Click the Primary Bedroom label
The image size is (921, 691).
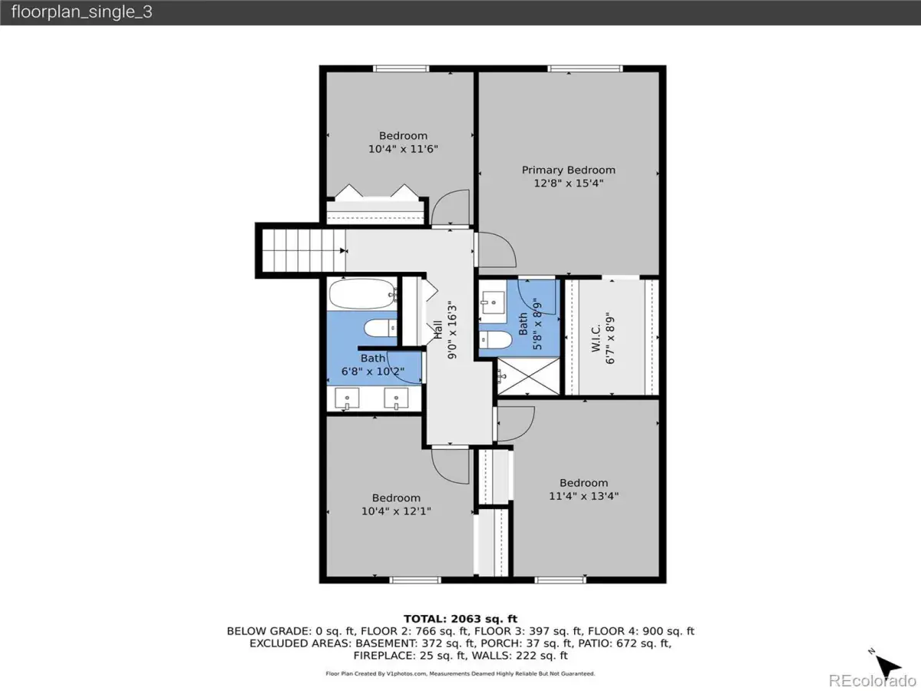[569, 170]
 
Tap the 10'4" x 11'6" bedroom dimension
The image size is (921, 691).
[403, 149]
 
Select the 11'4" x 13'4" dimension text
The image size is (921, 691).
[583, 496]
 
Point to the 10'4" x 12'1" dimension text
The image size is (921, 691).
[396, 511]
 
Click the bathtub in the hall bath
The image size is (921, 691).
[362, 294]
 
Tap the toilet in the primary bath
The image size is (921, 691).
[496, 339]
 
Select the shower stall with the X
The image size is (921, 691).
[529, 376]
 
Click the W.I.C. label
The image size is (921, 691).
[596, 338]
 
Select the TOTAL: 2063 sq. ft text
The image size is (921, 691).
[460, 619]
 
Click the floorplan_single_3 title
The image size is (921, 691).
[82, 12]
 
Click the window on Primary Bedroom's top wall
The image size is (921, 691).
[585, 68]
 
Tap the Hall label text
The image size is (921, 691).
[437, 330]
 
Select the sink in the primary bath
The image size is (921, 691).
[492, 303]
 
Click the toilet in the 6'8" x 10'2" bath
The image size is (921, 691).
[380, 328]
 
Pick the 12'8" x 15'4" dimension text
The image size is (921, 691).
[569, 183]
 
